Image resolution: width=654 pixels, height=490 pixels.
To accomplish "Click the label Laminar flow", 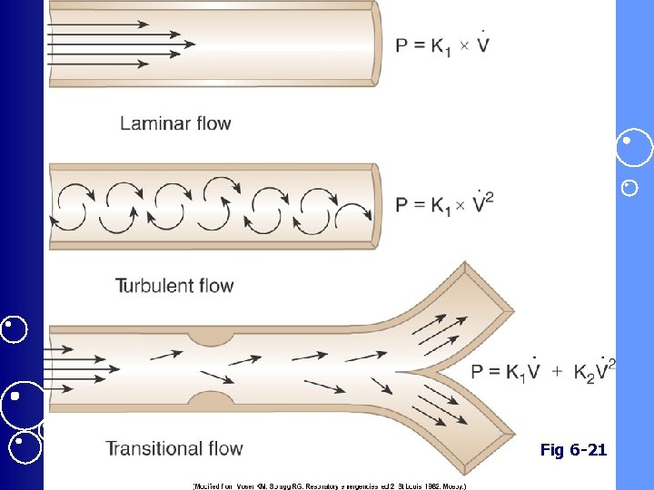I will point(175,123).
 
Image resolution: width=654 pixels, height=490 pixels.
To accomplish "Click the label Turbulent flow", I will point(174,286).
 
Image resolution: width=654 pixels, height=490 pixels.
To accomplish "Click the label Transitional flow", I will point(174,448).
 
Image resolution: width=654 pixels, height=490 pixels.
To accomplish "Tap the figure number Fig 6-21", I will point(573,449).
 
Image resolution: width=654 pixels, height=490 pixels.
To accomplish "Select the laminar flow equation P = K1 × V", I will point(442,44).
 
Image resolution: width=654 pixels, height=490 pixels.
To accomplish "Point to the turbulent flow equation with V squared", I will point(445,202).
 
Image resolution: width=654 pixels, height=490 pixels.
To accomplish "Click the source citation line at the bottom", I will point(329,485).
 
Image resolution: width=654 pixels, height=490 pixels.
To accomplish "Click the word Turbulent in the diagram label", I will point(151,286).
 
